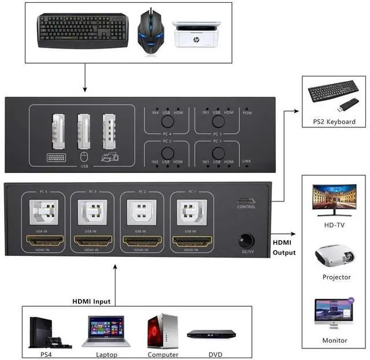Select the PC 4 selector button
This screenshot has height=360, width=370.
tap(168, 121)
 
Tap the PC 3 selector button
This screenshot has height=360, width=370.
tap(218, 121)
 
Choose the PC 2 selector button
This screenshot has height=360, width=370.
tap(168, 153)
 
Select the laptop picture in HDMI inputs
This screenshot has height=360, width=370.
tap(106, 330)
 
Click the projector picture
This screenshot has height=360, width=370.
tap(335, 255)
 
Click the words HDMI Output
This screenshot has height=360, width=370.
tap(284, 247)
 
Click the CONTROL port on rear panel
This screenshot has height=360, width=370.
tap(247, 203)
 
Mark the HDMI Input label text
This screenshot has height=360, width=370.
tap(91, 301)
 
